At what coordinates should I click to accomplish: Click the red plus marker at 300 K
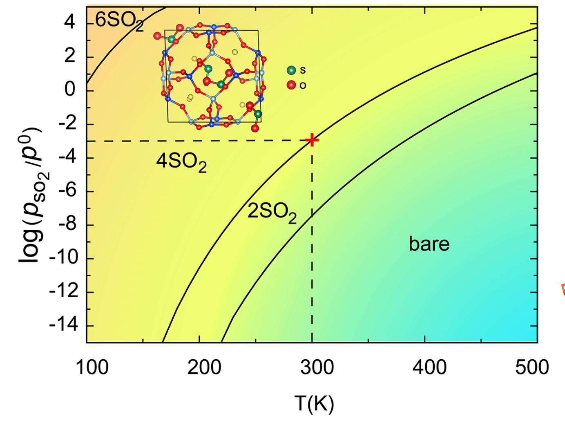[312, 140]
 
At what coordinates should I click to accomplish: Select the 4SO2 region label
[181, 162]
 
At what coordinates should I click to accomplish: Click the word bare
[429, 244]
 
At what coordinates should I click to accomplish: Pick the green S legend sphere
[291, 70]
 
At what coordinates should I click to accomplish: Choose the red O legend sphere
[291, 85]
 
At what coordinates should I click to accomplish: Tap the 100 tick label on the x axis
[92, 367]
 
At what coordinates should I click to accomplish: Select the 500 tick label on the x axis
[532, 367]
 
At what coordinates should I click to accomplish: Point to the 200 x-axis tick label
[204, 367]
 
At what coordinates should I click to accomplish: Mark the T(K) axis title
[314, 403]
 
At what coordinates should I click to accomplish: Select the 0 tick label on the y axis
[70, 90]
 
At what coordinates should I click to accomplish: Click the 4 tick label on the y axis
[70, 22]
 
